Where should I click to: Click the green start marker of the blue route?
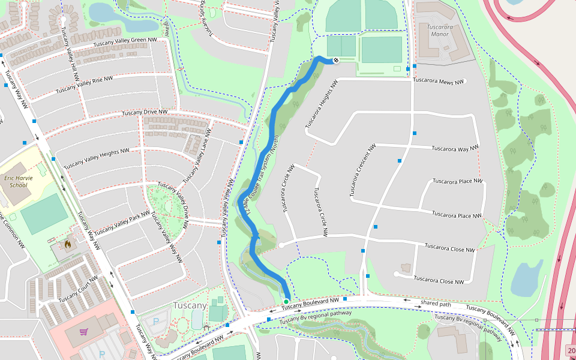(286, 301)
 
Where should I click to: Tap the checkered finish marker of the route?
(336, 60)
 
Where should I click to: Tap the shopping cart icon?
(83, 331)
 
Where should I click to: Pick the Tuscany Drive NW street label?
(145, 113)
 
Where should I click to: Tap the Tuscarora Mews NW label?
(439, 82)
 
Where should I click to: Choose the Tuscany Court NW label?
(78, 290)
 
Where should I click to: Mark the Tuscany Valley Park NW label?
(122, 223)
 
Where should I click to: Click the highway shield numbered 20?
(570, 350)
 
